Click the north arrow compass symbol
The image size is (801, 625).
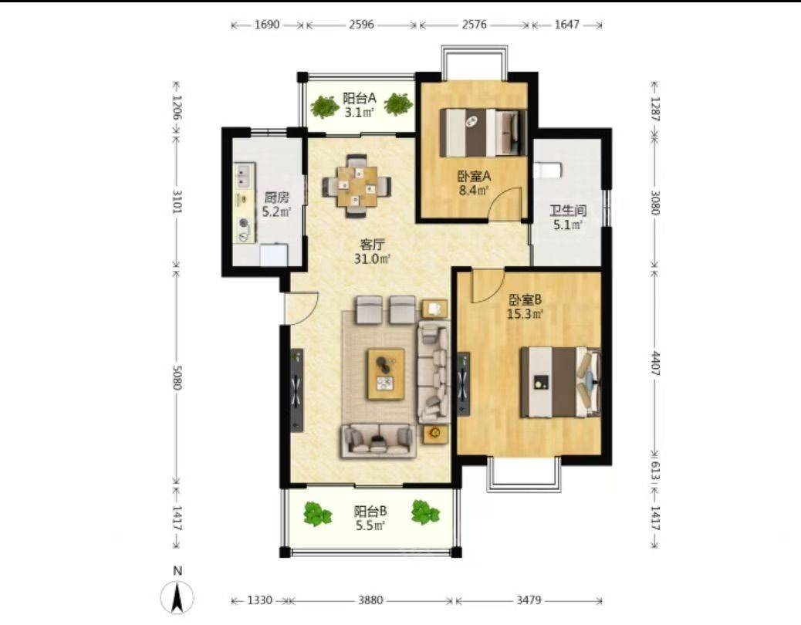[x=177, y=597]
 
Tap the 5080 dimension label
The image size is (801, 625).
[x=177, y=377]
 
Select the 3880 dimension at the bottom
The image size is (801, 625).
[x=370, y=600]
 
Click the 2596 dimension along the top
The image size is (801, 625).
[x=362, y=25]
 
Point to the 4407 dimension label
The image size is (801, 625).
[x=655, y=363]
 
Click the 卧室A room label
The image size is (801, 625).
[x=474, y=177]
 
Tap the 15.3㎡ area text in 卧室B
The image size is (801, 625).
[x=525, y=313]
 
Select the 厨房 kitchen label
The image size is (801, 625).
[x=276, y=197]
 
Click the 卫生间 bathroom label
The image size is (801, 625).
[x=567, y=211]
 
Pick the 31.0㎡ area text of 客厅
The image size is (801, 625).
[x=373, y=259]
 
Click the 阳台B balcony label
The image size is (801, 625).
[x=370, y=511]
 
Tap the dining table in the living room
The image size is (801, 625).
[x=357, y=186]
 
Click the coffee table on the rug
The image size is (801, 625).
[x=386, y=374]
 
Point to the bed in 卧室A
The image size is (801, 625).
[x=483, y=132]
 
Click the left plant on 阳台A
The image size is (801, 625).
[x=325, y=106]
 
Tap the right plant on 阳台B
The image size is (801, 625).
[x=425, y=512]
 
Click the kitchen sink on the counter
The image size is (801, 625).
[x=244, y=176]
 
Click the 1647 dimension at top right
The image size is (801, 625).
[x=567, y=25]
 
